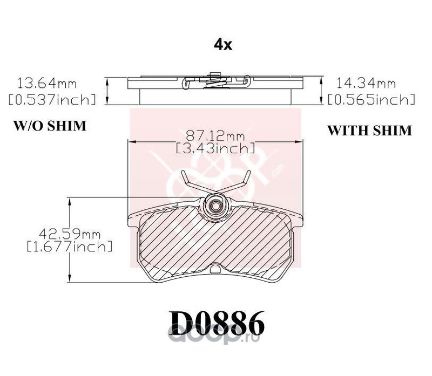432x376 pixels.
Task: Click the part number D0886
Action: (217, 324)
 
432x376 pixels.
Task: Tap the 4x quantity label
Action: (223, 45)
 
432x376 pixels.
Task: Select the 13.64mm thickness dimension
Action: (47, 83)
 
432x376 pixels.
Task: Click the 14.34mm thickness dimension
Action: (367, 83)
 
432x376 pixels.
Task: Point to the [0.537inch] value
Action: (52, 99)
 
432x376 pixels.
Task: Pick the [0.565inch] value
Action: (372, 99)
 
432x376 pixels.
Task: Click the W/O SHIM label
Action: (50, 126)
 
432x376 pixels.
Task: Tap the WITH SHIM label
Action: (370, 130)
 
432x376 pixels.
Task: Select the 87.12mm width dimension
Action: (215, 136)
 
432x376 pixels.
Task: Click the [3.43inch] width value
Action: (215, 148)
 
